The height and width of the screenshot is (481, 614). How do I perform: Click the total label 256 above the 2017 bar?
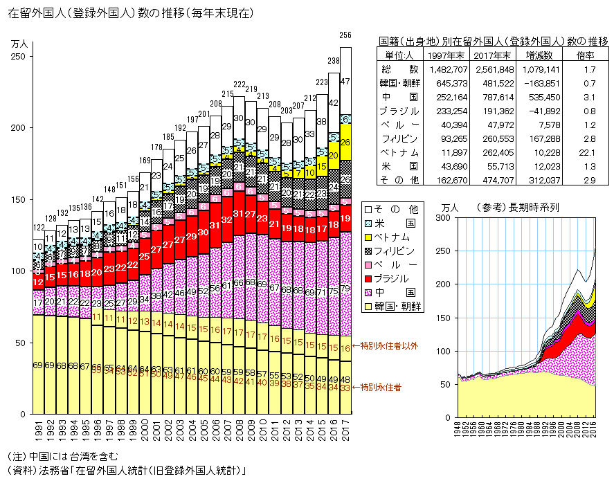coord(345,35)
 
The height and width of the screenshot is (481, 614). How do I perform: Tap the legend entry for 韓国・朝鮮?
coord(398,306)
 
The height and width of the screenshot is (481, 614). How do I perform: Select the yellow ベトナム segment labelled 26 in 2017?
coord(345,143)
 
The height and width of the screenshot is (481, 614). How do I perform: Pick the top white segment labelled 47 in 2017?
coord(345,81)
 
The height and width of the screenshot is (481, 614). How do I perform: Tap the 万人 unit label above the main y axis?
coord(20,44)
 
